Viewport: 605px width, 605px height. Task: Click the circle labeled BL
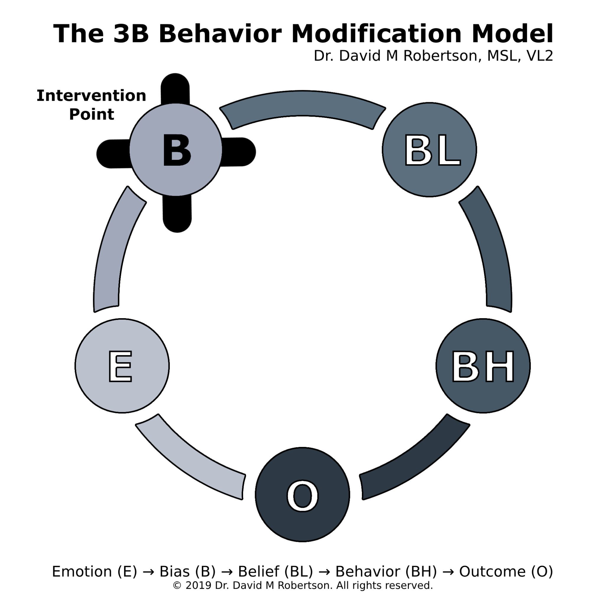pos(429,150)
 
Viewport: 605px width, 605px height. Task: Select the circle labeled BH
pos(483,366)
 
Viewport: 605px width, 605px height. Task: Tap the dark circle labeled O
pos(302,495)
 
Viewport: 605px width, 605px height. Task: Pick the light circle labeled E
pos(122,366)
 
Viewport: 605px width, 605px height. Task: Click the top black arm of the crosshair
pos(175,89)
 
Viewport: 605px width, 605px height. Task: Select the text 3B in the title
pos(131,34)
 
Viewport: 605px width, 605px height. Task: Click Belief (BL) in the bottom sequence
pos(276,572)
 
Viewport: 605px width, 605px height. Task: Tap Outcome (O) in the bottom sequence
pos(506,572)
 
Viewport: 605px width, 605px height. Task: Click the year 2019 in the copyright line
pos(198,585)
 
